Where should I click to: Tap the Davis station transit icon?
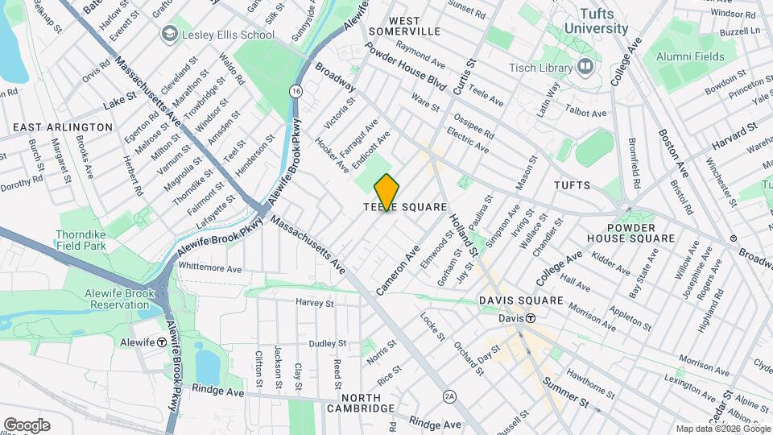531,318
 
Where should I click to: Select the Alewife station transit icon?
162,342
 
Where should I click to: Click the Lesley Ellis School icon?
170,34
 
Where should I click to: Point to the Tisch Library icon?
585,65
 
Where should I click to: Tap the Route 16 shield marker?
297,92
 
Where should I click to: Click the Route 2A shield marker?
450,396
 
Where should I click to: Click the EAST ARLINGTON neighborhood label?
63,127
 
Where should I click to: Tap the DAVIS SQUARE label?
520,300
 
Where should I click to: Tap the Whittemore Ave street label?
209,267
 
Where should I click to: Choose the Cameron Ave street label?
398,268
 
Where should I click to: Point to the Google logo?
27,425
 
